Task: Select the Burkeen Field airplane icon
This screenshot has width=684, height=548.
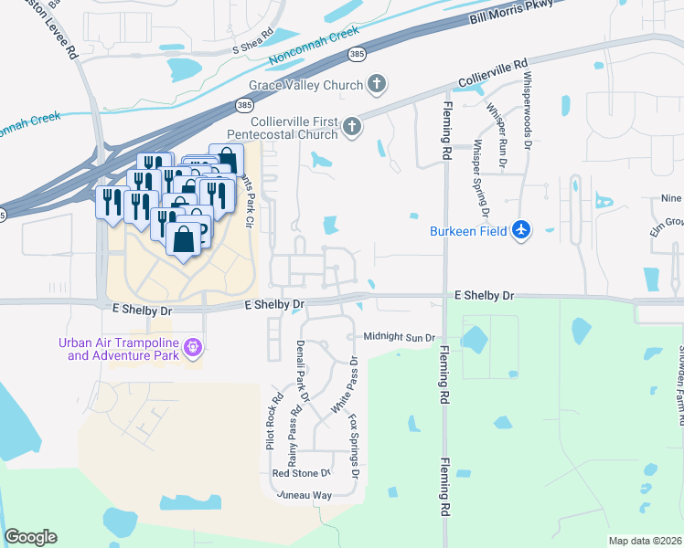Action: [x=521, y=230]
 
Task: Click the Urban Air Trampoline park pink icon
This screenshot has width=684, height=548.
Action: [x=192, y=347]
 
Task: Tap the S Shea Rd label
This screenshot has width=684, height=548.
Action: [x=253, y=42]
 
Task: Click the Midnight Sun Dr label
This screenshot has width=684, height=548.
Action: [x=399, y=337]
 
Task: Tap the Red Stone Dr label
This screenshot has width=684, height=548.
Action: [x=300, y=473]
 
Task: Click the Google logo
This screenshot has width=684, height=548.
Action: [x=31, y=537]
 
